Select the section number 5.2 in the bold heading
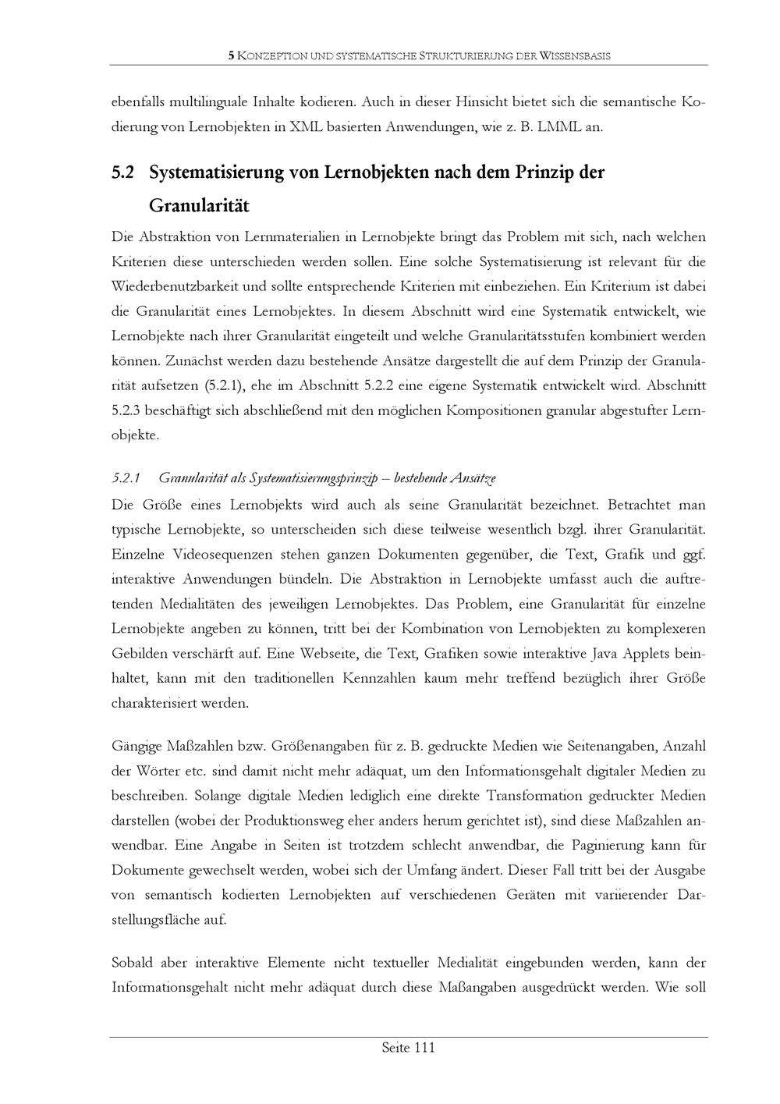coord(123,172)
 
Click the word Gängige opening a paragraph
coord(136,747)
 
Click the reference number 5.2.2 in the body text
coord(395,385)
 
